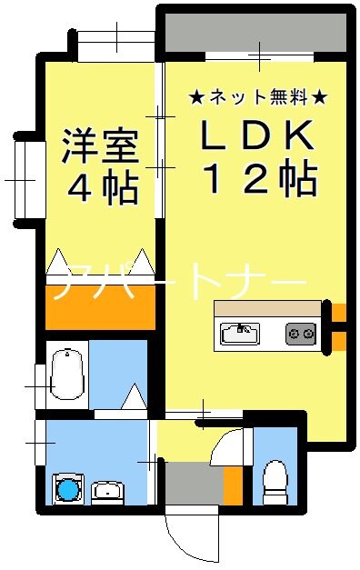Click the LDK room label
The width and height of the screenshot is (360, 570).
pos(257,136)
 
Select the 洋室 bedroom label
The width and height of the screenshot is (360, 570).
pos(101,147)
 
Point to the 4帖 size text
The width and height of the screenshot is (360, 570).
pos(101,190)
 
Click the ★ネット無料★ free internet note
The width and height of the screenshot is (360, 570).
pos(256,95)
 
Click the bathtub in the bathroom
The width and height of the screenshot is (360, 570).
pos(65,374)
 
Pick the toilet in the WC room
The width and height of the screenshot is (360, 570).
pos(274,481)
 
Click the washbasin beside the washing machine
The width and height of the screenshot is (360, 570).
pos(108,492)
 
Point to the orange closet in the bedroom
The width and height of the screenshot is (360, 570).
pos(99,309)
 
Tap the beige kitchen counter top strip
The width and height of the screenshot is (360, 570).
pos(268,309)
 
